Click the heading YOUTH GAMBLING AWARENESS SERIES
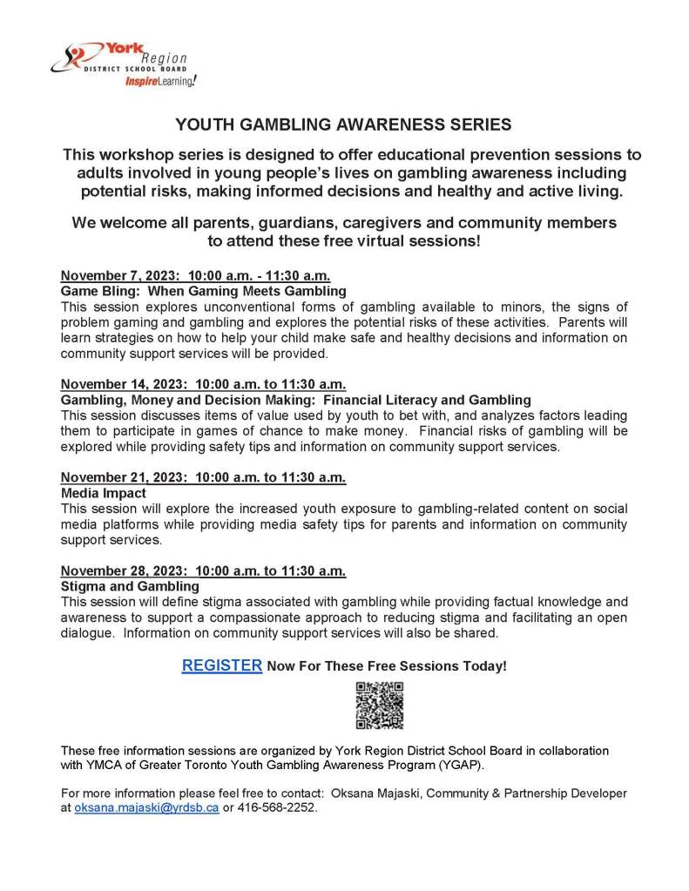(x=343, y=125)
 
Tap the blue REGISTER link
(x=221, y=665)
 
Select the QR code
(x=379, y=705)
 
